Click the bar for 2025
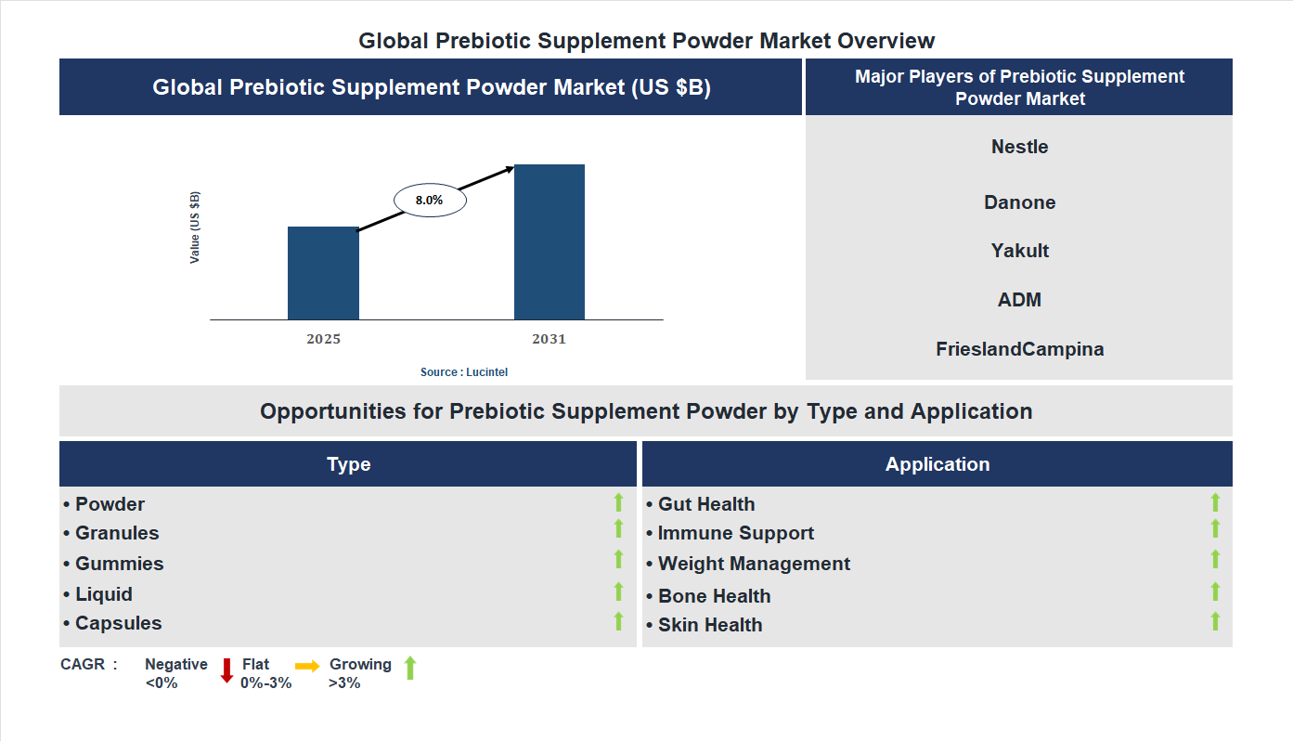323,273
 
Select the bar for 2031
550,242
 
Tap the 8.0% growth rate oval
430,200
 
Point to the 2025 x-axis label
323,339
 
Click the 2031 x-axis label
549,339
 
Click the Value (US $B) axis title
195,227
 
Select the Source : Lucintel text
464,371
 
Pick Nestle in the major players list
1019,147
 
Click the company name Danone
1019,202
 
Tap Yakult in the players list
1019,251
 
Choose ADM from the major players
1019,300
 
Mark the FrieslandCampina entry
1019,349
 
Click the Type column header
348,464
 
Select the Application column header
937,464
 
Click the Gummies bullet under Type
119,564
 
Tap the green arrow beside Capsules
618,621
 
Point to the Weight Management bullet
753,564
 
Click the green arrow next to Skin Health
1215,621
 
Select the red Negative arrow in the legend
226,670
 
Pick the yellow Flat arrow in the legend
307,666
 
